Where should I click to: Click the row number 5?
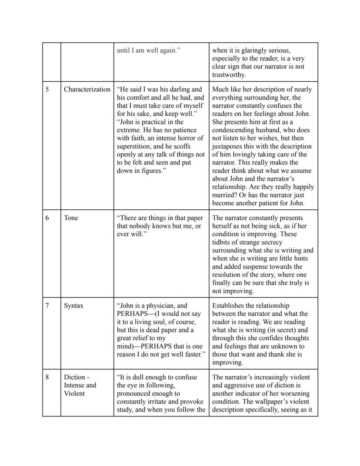tap(47, 89)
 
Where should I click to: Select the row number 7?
tap(47, 305)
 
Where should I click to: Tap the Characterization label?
tap(87, 89)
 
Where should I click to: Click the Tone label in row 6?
tap(71, 218)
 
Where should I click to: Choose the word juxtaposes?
tap(228, 146)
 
